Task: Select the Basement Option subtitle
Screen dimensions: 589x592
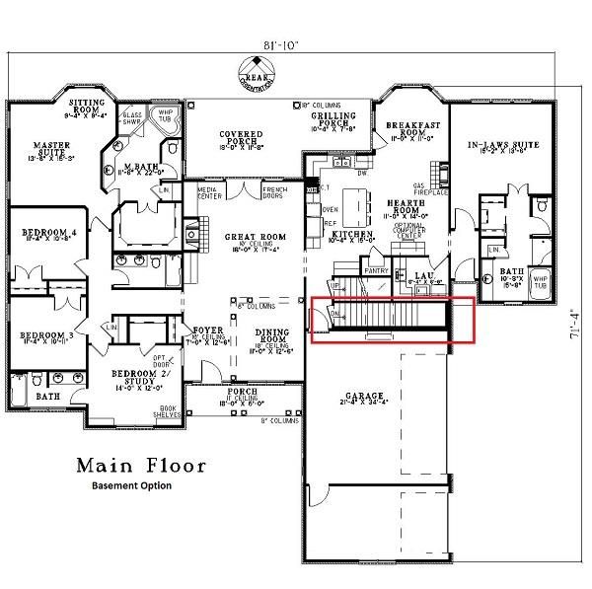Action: tap(131, 485)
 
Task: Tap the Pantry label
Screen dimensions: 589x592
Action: tap(375, 269)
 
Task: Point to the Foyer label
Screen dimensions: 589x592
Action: tap(206, 330)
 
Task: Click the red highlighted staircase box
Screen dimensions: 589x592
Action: tap(393, 320)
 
